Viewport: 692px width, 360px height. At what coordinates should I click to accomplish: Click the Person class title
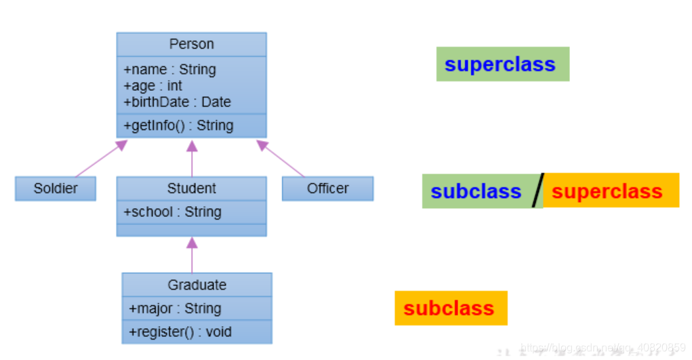point(191,45)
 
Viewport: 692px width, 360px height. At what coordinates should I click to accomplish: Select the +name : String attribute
point(169,70)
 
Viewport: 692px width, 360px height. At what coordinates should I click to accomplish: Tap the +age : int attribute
point(152,86)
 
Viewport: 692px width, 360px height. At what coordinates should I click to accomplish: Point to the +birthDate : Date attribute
point(177,102)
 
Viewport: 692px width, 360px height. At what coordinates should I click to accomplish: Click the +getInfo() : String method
point(178,125)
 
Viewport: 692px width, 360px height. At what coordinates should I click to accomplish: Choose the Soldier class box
point(56,188)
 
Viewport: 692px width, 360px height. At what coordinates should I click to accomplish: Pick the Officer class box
point(327,188)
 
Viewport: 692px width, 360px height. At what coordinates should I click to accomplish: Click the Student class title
point(191,188)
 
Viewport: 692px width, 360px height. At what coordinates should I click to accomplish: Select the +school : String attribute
point(172,212)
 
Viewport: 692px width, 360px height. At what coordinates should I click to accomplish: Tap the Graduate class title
point(197,285)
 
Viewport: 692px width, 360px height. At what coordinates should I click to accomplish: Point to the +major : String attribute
point(175,308)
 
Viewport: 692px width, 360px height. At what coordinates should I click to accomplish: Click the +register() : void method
point(180,332)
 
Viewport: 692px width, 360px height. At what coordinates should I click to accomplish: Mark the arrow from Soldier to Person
point(100,159)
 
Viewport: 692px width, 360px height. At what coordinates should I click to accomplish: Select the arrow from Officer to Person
point(281,159)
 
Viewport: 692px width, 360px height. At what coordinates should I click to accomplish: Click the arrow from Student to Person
point(192,159)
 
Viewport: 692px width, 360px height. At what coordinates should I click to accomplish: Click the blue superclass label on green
point(500,64)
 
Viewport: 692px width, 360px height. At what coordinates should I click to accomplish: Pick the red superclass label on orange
point(607,191)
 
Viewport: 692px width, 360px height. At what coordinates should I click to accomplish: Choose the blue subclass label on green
point(476,191)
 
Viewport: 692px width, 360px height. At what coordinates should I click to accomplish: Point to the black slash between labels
point(537,191)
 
